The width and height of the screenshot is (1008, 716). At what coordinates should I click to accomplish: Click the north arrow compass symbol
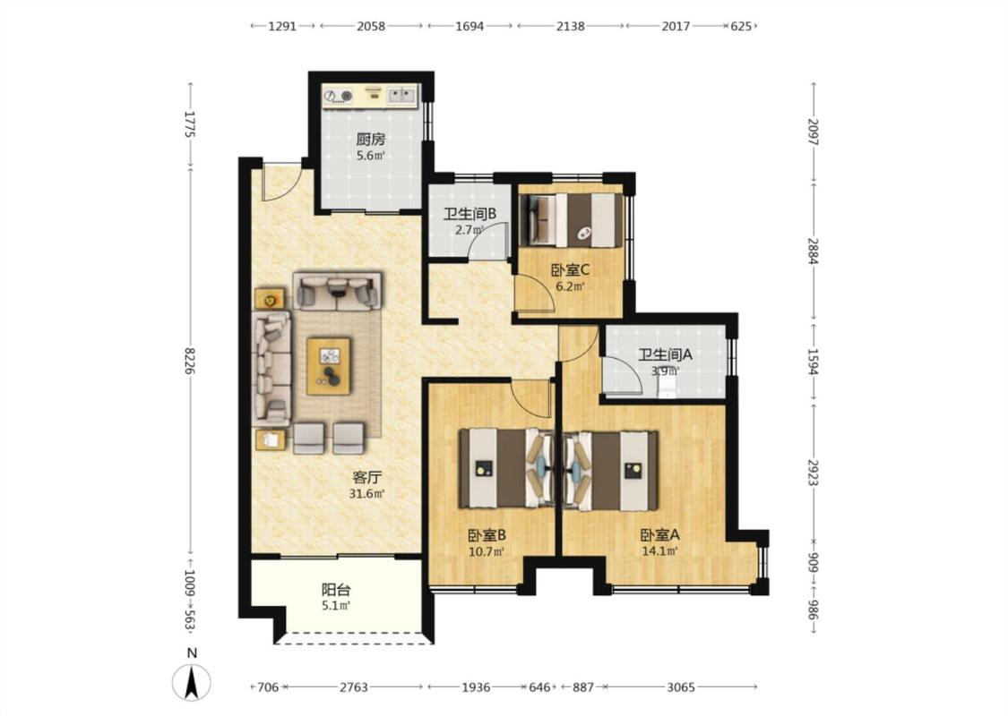click(x=191, y=682)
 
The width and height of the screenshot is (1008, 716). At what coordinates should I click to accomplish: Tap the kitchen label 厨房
click(x=370, y=139)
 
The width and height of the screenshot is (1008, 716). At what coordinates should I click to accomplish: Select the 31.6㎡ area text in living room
click(x=366, y=493)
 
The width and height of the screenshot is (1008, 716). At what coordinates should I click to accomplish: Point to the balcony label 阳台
click(x=336, y=590)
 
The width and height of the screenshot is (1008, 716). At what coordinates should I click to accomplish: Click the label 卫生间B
click(x=470, y=214)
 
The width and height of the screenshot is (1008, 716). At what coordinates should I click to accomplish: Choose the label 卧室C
click(x=570, y=270)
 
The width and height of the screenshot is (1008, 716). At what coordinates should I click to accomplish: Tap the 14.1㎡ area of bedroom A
click(x=659, y=550)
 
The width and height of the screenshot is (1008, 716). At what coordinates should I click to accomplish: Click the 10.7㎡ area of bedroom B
click(x=486, y=550)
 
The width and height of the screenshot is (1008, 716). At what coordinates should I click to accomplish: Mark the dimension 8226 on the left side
click(x=190, y=361)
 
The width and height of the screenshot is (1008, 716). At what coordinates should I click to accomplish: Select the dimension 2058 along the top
click(x=371, y=26)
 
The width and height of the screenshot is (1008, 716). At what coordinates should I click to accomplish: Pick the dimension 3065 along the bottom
click(x=680, y=687)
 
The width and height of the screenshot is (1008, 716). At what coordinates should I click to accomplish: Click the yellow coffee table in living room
click(x=329, y=365)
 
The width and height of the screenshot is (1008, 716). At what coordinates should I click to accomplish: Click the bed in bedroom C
click(x=571, y=219)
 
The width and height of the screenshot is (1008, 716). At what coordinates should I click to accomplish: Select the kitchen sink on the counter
click(x=401, y=96)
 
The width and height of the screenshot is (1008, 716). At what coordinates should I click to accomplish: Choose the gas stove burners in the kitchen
click(x=338, y=96)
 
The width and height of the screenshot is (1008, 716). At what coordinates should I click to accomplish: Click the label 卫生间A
click(x=665, y=354)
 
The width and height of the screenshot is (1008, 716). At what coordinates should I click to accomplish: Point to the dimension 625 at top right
click(x=741, y=26)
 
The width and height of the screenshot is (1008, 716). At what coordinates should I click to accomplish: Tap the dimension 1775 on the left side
click(x=190, y=124)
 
